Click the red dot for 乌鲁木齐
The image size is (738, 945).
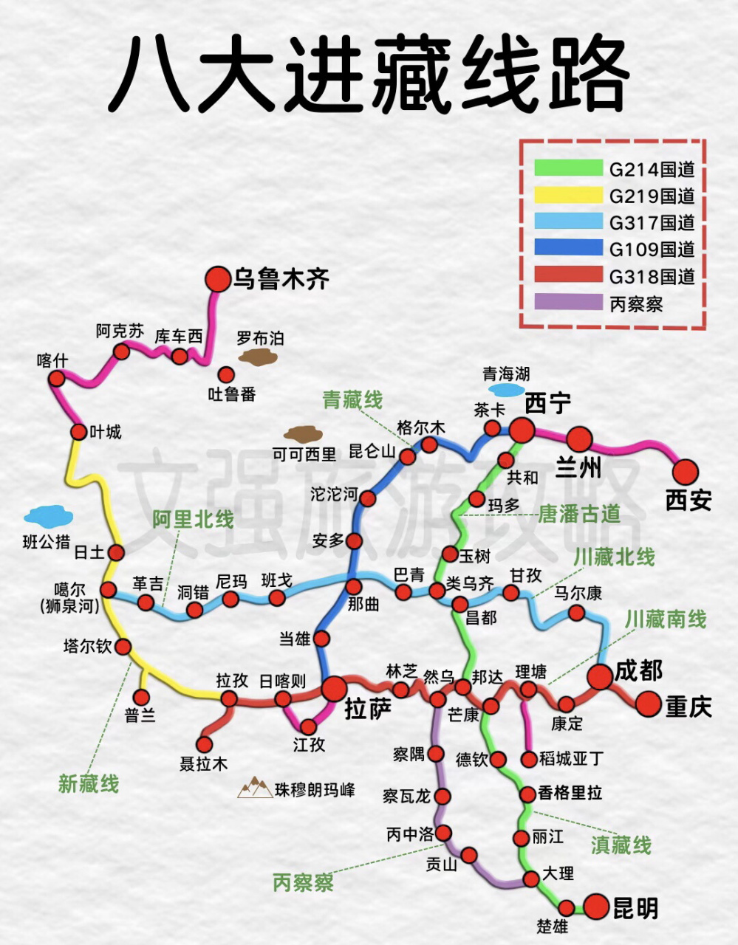point(218,278)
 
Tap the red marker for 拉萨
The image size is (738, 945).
point(334,688)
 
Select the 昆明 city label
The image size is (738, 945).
point(635,908)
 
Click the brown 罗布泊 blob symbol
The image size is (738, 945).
point(258,358)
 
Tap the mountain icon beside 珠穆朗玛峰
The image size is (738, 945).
point(255,788)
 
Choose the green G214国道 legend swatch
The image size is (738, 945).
point(568,168)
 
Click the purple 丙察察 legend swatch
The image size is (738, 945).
point(568,303)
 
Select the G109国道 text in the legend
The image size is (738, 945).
point(652,249)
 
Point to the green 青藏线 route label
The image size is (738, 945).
point(352,400)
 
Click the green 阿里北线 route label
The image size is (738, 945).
point(193,520)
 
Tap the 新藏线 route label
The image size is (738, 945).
point(89,783)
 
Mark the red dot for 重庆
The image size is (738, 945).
point(649,704)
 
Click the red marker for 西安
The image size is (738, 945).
point(685,471)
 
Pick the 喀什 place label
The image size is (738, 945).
point(52,360)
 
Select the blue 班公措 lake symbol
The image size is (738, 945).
point(48,515)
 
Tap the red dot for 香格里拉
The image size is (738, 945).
point(527,794)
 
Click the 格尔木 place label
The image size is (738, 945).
point(421,427)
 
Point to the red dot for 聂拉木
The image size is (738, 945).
point(205,743)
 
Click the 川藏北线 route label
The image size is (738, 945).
point(613,557)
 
